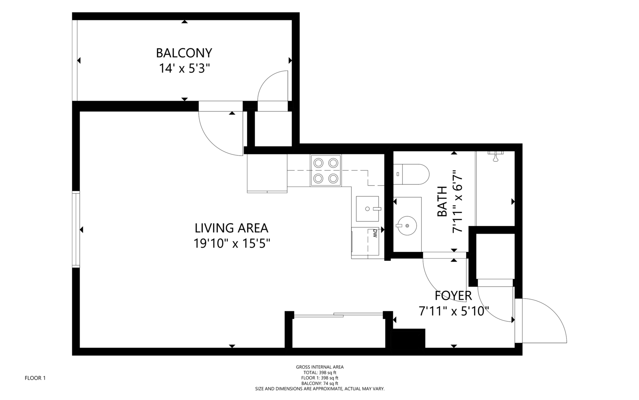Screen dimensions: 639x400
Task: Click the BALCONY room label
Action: click(x=184, y=53)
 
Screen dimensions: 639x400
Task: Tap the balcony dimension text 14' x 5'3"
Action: click(x=184, y=68)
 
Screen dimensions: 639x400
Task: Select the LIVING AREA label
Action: click(x=231, y=228)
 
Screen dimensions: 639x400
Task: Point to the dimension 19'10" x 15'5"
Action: click(x=232, y=244)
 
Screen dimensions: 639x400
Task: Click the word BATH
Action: click(x=442, y=202)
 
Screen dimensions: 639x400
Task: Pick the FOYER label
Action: click(x=453, y=296)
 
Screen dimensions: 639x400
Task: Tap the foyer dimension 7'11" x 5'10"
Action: click(x=454, y=311)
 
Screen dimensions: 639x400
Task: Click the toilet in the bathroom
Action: click(x=411, y=174)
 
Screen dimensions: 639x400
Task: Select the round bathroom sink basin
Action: click(x=407, y=226)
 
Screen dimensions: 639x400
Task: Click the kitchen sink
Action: click(x=367, y=209)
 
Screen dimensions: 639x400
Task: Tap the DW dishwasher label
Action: click(x=375, y=233)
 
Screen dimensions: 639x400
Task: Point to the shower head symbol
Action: click(x=496, y=156)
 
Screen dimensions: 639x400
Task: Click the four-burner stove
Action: click(x=326, y=171)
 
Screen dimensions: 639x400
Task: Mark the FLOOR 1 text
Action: click(x=35, y=378)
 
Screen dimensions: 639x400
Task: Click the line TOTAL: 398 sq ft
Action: click(x=320, y=372)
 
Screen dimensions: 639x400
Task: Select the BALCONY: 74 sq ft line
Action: click(x=320, y=384)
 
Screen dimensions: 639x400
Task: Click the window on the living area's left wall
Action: click(x=76, y=230)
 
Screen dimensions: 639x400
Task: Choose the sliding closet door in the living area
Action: click(x=338, y=315)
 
